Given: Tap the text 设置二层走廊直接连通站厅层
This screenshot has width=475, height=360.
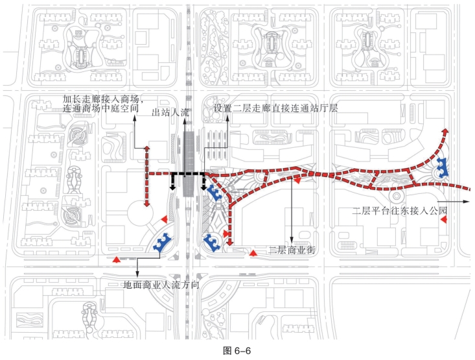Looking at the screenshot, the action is pyautogui.click(x=276, y=108).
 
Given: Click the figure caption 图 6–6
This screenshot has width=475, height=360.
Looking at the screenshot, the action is pyautogui.click(x=237, y=351).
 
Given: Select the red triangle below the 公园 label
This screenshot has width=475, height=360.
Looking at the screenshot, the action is pyautogui.click(x=444, y=222).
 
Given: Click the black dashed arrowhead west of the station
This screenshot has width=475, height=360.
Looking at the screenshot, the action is pyautogui.click(x=172, y=187).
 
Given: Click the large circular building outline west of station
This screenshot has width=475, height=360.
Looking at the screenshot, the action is pyautogui.click(x=138, y=214).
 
